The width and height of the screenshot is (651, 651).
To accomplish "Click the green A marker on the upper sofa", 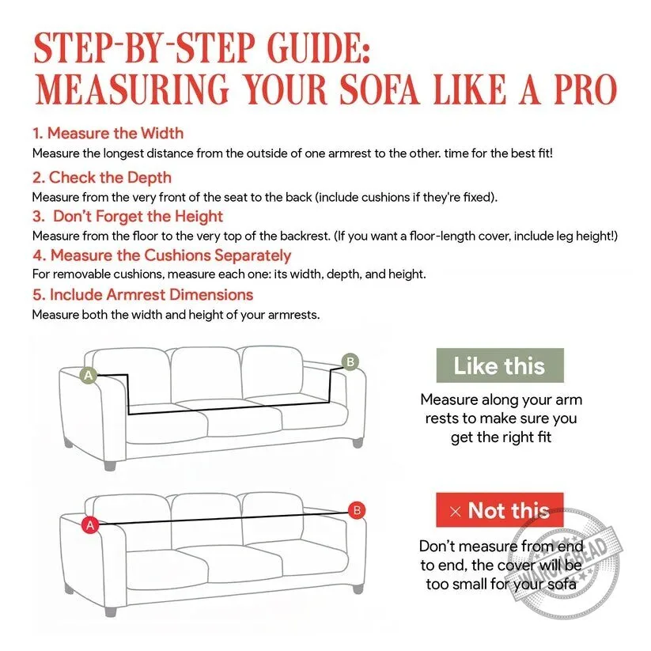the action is coord(89,375).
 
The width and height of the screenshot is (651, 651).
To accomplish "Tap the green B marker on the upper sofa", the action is coord(350,362).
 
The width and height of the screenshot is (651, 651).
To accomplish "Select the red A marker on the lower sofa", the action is coord(90,525).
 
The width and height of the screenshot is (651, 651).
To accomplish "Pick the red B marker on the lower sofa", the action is coord(357,510).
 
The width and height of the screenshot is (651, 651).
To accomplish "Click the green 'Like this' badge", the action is coord(500,365).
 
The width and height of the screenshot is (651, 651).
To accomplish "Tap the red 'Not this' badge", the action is coord(499,510).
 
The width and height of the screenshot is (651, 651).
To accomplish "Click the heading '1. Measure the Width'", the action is coord(108,133).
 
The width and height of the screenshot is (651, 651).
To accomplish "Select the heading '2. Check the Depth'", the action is coord(102,177).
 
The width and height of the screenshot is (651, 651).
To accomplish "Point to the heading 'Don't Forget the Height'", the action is coord(138,216).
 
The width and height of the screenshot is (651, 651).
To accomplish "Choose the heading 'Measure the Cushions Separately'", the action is coord(171,255).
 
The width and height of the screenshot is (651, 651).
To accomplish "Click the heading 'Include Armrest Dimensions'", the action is coord(152,295).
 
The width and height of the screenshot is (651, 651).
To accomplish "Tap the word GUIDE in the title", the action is coord(318,47).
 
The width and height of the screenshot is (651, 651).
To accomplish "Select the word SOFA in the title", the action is coord(379,89).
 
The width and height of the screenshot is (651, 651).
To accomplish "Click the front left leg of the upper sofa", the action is coord(110,464).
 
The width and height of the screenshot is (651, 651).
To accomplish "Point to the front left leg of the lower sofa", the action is coord(110,610).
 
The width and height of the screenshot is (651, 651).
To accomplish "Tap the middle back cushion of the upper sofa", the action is coord(206,375).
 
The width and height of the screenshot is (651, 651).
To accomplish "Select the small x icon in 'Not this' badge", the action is coord(456,511).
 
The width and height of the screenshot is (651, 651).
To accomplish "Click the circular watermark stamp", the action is coord(566,566).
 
